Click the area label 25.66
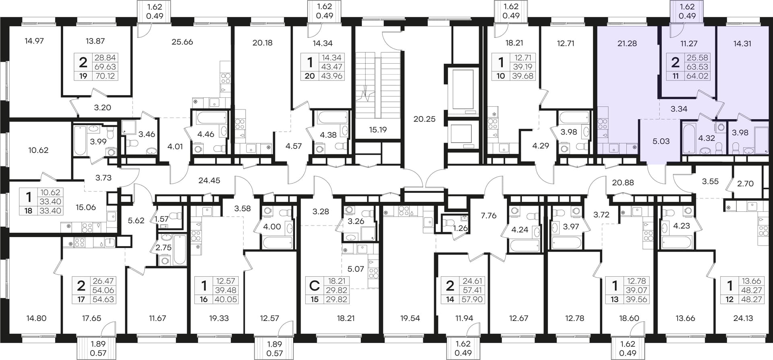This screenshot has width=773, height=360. click(182, 42)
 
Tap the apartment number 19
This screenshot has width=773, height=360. click(83, 76)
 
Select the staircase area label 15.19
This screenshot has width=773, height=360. click(378, 130)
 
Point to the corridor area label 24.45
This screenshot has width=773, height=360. click(209, 181)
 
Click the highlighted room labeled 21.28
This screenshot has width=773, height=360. click(627, 43)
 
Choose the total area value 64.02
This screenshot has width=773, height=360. click(697, 76)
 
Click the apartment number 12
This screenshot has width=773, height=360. click(729, 299)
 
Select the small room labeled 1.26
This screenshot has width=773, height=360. click(461, 228)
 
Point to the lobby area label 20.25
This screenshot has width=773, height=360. click(424, 119)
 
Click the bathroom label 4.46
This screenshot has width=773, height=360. click(205, 134)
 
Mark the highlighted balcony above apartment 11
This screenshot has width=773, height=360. click(687, 11)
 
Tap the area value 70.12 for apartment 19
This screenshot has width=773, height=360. click(105, 76)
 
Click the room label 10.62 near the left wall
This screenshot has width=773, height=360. click(38, 150)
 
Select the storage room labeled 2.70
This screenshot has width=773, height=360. click(745, 183)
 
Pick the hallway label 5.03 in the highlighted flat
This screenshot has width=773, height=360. click(661, 141)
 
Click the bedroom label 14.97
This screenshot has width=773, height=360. click(34, 41)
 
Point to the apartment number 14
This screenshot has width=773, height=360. click(450, 299)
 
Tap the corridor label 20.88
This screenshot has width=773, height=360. click(623, 182)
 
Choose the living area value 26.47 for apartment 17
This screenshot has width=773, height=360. click(103, 281)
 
